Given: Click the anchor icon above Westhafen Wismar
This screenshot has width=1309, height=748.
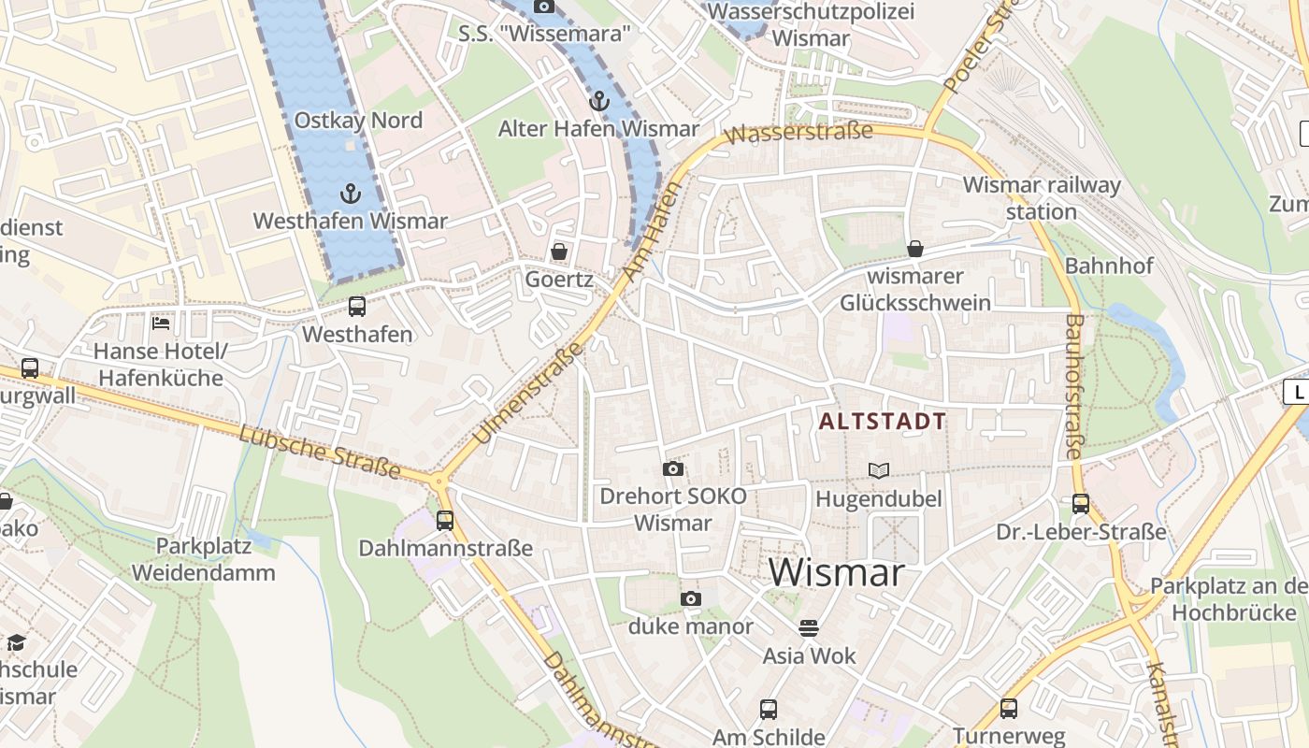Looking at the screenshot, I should click(350, 194).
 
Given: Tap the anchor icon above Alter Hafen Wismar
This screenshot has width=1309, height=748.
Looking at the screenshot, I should click(598, 101).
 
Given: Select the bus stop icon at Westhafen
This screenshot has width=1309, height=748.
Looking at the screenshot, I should click(356, 307).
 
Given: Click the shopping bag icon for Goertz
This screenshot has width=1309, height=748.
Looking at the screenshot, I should click(559, 252).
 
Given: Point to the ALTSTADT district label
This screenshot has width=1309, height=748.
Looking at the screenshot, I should click(883, 422).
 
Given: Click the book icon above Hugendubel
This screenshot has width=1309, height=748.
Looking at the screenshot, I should click(878, 470).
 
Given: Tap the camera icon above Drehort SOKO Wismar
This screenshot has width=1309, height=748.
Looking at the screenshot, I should click(672, 468).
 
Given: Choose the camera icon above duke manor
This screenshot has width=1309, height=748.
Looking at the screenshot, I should click(690, 598).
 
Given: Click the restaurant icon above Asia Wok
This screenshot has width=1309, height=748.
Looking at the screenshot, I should click(809, 627).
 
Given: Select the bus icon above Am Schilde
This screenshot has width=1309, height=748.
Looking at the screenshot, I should click(768, 709).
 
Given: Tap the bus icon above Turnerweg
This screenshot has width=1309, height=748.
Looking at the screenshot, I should click(1008, 709).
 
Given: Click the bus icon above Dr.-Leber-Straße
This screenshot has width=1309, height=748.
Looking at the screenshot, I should click(1081, 504).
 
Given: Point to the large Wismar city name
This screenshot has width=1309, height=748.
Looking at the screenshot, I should click(837, 572).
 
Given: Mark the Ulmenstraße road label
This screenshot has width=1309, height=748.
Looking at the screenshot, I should click(528, 393).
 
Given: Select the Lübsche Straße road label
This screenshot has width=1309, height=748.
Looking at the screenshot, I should click(319, 453).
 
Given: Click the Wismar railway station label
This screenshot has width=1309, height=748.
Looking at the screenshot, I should click(1042, 198).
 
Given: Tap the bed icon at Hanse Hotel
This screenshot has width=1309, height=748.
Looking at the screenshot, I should click(161, 324).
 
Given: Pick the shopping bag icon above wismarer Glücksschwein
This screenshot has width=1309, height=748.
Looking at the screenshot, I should click(914, 249).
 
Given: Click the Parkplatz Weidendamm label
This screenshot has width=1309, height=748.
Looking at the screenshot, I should click(203, 559).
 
